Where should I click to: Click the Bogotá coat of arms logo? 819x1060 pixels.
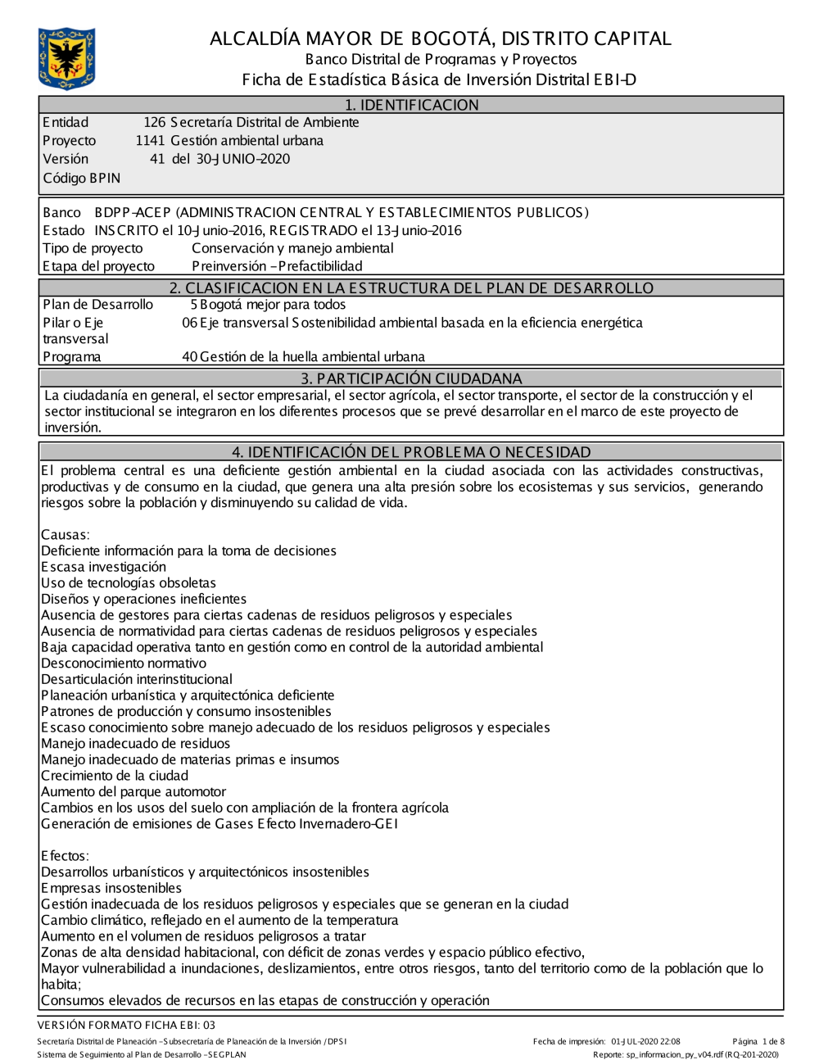[x=66, y=58]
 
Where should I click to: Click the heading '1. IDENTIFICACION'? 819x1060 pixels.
[x=411, y=105]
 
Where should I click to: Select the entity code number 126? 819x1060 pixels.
[x=154, y=123]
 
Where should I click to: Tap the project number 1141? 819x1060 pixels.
[x=150, y=141]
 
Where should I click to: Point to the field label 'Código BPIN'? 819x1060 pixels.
[x=81, y=178]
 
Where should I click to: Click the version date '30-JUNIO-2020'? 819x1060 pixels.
[x=242, y=159]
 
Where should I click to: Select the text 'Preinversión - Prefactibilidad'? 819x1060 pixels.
[x=277, y=266]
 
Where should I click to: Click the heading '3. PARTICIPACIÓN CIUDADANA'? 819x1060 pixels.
[x=411, y=378]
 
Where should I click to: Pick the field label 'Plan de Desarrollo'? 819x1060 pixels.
[x=97, y=305]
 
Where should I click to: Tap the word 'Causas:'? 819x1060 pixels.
[x=66, y=535]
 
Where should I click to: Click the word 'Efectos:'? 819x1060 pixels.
[x=65, y=856]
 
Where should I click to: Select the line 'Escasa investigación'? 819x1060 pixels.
[x=103, y=567]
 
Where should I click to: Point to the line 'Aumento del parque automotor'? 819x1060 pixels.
[x=133, y=792]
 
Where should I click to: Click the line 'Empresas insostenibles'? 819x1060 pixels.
[x=111, y=888]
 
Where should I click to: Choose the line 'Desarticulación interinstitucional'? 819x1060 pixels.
[x=137, y=679]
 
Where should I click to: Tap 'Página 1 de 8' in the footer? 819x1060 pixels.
[x=758, y=1042]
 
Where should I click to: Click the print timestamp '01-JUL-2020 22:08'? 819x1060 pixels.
[x=645, y=1042]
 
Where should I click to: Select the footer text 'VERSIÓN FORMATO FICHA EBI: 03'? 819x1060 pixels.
[x=126, y=1025]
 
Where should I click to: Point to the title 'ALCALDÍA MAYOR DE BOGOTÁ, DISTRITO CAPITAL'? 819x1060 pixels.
[x=440, y=39]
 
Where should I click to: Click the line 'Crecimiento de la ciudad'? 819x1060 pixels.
[x=115, y=776]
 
